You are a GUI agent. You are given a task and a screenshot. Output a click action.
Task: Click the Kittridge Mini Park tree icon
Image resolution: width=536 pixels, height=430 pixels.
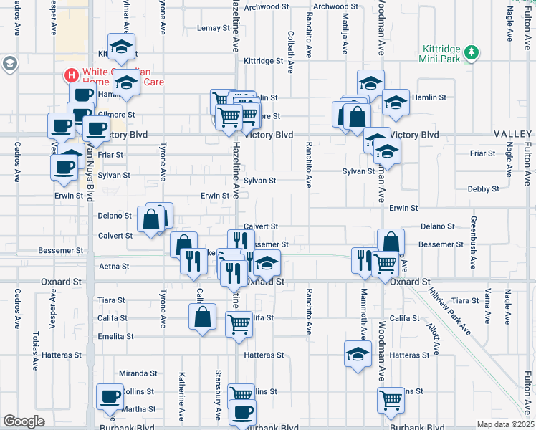pos(472,52)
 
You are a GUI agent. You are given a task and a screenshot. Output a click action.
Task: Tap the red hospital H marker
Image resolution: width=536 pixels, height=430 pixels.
pos(71,75)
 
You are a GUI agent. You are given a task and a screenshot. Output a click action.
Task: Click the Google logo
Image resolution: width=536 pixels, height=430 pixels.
pos(24,421)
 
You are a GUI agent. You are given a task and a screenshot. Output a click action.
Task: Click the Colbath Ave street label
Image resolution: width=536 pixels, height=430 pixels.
pos(291,52)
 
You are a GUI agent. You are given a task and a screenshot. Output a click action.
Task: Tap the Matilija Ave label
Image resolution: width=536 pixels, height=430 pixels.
pos(345,39)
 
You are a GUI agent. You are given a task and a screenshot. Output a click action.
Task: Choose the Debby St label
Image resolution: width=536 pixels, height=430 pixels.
pos(483,189)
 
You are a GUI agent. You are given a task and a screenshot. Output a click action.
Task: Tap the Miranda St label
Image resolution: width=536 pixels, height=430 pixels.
pos(138,373)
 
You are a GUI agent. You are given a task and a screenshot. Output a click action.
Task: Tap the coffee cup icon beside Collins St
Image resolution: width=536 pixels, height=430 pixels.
pos(110,398)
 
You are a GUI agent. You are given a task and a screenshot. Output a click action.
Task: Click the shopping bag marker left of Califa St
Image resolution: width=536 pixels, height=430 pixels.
pos(203,316)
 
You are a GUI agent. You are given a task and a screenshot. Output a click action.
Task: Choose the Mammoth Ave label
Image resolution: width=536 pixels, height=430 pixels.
pos(363,316)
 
